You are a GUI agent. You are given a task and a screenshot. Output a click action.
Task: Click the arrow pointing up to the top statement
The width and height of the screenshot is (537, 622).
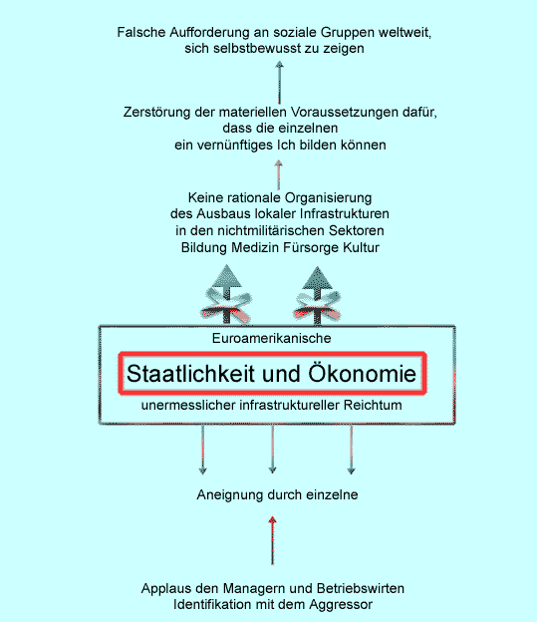point(280,82)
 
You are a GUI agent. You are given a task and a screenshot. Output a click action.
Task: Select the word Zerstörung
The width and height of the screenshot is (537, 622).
point(157,113)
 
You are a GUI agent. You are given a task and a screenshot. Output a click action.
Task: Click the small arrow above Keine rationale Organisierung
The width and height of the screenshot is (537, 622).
point(279,175)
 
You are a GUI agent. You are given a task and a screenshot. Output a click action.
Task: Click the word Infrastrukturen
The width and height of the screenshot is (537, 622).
point(345,213)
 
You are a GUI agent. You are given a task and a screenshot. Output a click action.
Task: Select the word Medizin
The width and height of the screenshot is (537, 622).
point(255,247)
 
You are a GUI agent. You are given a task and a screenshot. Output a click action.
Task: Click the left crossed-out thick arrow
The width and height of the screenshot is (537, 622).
point(227,294)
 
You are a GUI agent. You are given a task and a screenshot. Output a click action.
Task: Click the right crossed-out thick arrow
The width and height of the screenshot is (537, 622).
point(317,294)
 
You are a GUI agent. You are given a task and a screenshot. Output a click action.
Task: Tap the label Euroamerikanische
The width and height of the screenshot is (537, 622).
point(271,338)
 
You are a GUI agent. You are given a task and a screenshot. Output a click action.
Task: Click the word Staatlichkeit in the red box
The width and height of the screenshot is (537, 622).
point(190,374)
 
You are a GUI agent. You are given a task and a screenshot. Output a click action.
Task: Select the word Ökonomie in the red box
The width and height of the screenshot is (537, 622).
point(362,373)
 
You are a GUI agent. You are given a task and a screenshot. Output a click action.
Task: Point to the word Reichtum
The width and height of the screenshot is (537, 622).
point(373,405)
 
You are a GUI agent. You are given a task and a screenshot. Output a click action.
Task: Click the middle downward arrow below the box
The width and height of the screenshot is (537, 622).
point(272,449)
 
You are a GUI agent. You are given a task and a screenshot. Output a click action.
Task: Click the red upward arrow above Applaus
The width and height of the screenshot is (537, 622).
point(272,540)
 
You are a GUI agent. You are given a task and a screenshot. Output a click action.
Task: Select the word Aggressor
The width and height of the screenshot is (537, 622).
point(341,605)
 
